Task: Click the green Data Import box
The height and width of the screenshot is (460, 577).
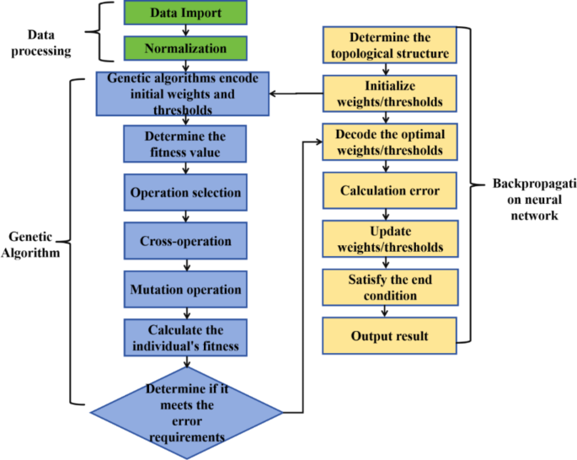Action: click(x=185, y=13)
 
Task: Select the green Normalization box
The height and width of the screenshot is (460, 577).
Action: click(x=185, y=49)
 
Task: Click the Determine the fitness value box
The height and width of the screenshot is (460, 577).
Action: click(x=184, y=143)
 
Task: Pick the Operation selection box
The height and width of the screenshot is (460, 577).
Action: click(x=184, y=192)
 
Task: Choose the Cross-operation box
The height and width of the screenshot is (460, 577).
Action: click(x=184, y=241)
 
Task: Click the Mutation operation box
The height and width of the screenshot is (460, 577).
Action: click(x=184, y=289)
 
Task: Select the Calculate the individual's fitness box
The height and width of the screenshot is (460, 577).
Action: click(x=184, y=337)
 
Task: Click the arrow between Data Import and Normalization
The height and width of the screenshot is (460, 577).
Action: click(x=185, y=30)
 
